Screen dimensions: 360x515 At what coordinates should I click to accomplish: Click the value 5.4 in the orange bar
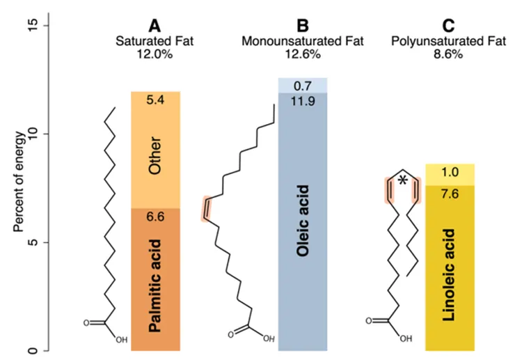tap(155, 100)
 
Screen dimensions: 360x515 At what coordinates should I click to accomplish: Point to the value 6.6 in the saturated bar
tap(155, 217)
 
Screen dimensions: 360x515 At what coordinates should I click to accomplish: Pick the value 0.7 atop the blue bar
tap(302, 86)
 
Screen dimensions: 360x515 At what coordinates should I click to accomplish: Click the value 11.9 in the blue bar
tap(302, 102)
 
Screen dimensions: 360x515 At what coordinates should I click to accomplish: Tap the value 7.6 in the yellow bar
tap(449, 194)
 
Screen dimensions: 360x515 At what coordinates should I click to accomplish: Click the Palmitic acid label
tap(155, 285)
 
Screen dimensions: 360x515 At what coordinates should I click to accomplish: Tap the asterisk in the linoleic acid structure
tap(402, 182)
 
